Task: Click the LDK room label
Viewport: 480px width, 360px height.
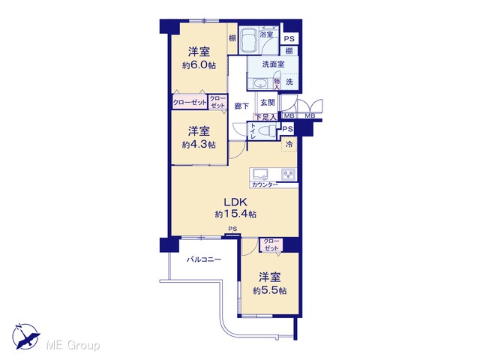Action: (235, 202)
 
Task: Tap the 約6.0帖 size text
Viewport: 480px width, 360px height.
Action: (199, 65)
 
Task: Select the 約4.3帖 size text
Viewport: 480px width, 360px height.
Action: (199, 145)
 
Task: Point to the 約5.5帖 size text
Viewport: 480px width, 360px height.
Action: (270, 290)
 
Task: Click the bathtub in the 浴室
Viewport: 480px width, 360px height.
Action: (248, 40)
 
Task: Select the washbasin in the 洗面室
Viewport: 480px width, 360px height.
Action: (260, 83)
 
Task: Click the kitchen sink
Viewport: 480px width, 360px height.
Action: (260, 174)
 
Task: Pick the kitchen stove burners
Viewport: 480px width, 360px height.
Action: (288, 174)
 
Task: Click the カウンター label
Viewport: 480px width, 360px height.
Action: (265, 184)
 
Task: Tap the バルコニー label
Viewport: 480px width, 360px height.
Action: (204, 260)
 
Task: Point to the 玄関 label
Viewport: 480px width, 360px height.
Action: (268, 102)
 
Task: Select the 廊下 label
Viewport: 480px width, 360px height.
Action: (241, 106)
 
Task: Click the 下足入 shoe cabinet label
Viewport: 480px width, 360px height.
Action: (265, 117)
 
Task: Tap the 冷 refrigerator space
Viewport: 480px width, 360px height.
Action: (289, 144)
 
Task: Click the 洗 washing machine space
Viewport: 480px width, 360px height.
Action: (289, 82)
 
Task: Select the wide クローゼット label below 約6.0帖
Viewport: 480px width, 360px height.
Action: (190, 102)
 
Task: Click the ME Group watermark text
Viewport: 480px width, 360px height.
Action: (73, 346)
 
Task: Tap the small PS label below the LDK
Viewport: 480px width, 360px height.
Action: (232, 229)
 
